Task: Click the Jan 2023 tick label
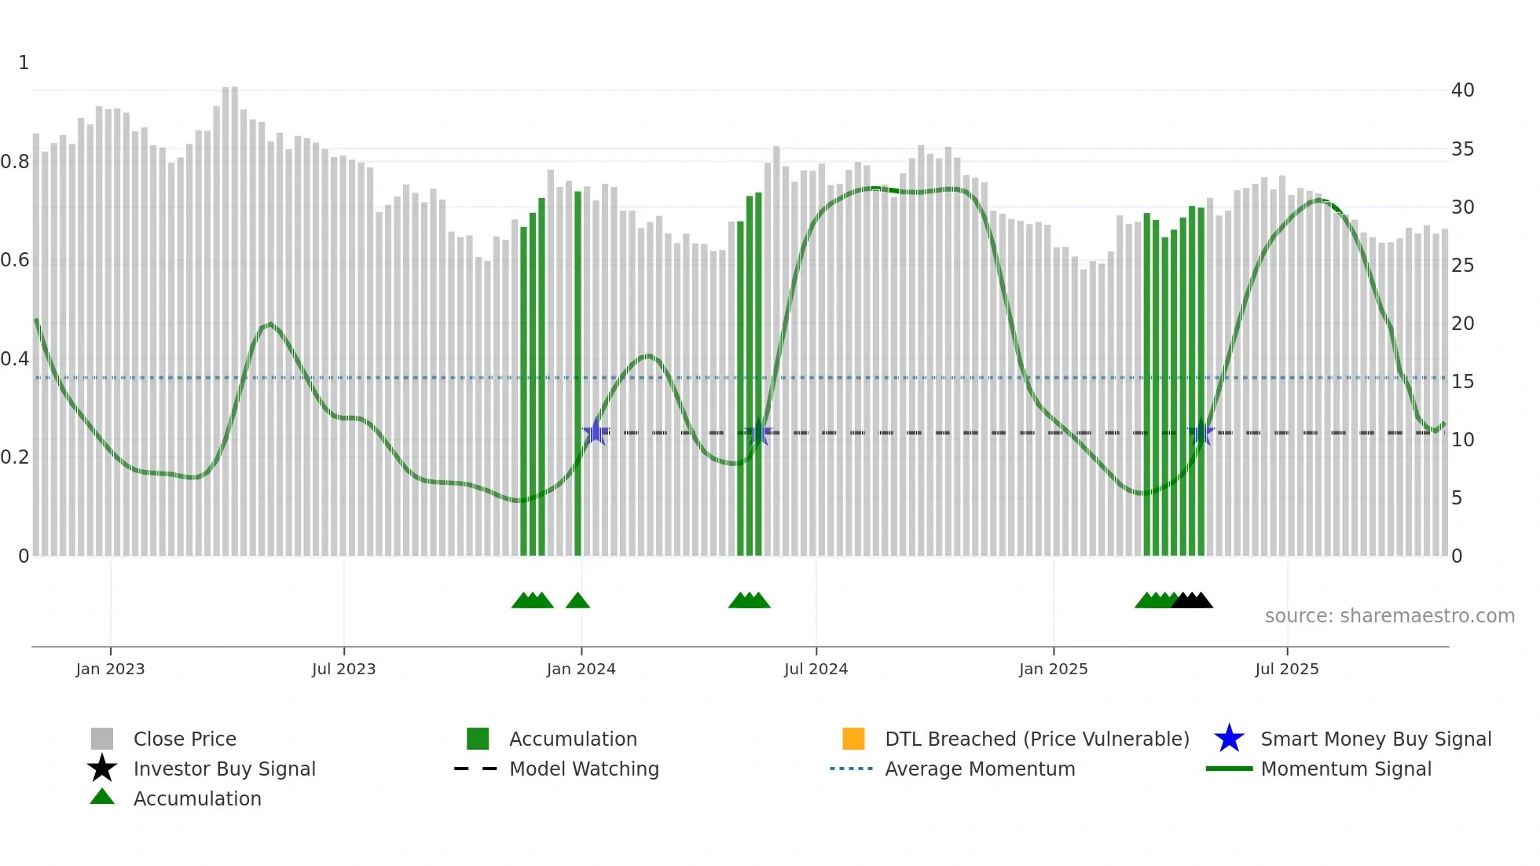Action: click(x=110, y=669)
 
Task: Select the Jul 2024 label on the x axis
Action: click(x=816, y=669)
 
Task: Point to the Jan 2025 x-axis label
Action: click(x=1053, y=669)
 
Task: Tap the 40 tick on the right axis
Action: click(x=1462, y=90)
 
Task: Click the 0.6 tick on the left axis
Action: click(x=15, y=260)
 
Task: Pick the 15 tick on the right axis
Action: click(x=1462, y=382)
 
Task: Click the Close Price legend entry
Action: click(x=185, y=739)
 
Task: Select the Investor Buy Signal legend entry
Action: click(x=224, y=769)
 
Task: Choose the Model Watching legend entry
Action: click(x=584, y=769)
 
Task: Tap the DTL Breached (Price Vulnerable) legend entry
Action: click(x=1036, y=739)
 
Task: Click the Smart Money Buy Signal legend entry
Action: click(x=1376, y=739)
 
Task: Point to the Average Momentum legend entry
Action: click(x=980, y=769)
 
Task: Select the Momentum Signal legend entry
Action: click(x=1346, y=769)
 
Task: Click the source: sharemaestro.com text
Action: click(x=1389, y=616)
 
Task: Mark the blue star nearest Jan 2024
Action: click(x=596, y=432)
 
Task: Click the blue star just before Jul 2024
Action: click(x=758, y=433)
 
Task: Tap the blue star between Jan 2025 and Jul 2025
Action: click(x=1201, y=433)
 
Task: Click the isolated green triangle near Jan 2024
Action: click(x=577, y=601)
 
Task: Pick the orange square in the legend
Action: click(x=853, y=739)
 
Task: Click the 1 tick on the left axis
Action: click(x=24, y=63)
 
